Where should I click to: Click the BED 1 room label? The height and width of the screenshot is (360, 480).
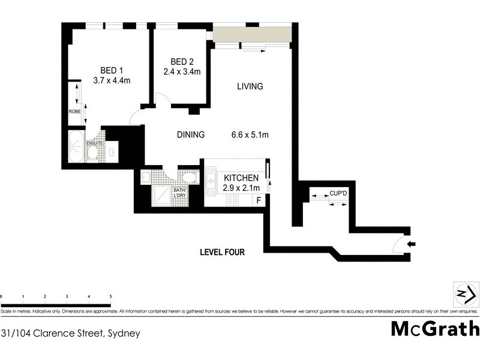coord(108,69)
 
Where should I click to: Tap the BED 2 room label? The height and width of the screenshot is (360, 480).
coord(182,62)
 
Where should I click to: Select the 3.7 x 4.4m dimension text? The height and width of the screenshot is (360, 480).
coord(112,80)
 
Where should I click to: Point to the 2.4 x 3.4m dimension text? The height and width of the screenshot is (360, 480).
coord(182,72)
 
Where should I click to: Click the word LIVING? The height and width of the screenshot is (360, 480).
coord(250,86)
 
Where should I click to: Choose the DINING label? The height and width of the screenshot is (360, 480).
coord(190,135)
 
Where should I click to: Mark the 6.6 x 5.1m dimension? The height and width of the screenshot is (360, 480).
coord(250,135)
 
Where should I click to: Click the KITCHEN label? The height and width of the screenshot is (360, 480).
coord(241,178)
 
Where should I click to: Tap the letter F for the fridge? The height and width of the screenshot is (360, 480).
coord(259,200)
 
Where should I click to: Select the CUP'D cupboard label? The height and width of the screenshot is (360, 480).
coord(337,193)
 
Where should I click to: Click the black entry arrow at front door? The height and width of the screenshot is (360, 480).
coord(411,244)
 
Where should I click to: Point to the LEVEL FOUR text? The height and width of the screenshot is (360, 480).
coord(222,253)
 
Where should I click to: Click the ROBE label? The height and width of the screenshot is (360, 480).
coord(74,112)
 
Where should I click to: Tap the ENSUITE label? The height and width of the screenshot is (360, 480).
coord(95,143)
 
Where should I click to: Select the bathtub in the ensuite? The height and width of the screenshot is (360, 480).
coord(75,148)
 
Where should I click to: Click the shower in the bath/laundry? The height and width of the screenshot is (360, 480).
coord(161,196)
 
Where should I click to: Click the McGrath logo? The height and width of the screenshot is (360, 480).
coord(435,329)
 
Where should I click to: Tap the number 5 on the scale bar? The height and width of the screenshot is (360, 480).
coord(110,296)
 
